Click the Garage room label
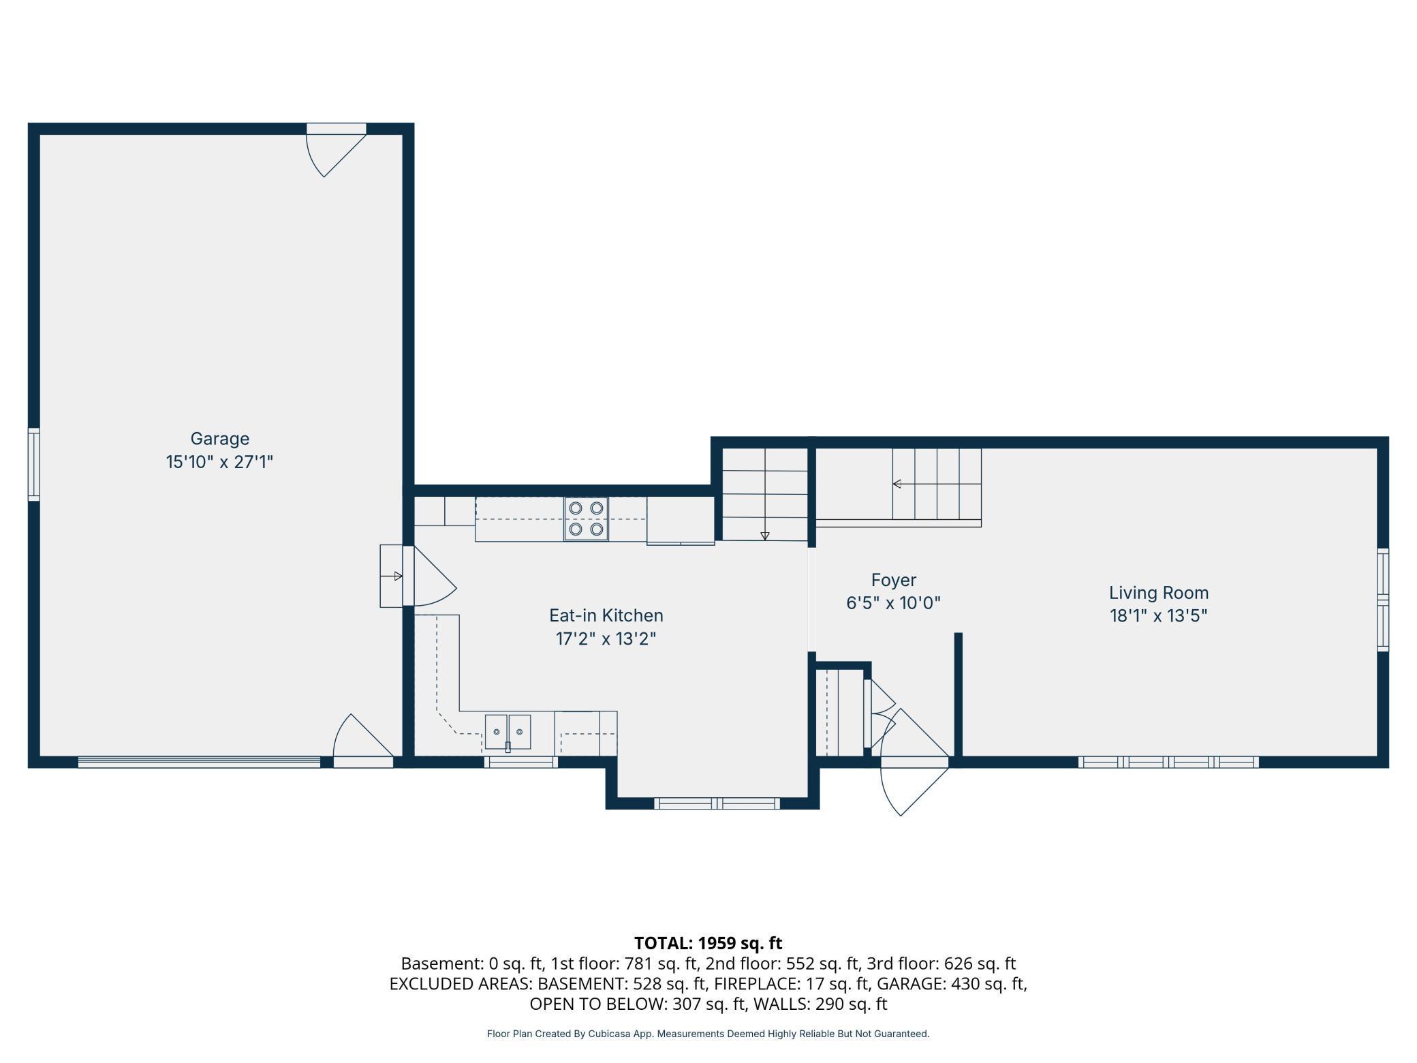(219, 439)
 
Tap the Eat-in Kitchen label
(606, 615)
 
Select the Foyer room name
(894, 581)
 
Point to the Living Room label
(1159, 593)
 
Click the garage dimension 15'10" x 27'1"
(219, 462)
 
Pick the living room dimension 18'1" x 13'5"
(1159, 616)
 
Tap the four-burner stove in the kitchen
(586, 519)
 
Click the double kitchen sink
(508, 732)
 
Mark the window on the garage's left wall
(33, 464)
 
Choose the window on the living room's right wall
(1383, 600)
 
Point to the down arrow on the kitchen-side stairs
(765, 536)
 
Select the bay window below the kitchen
(717, 803)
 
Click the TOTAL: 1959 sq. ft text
(708, 943)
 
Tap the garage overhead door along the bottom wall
(199, 762)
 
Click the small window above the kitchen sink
(521, 762)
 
